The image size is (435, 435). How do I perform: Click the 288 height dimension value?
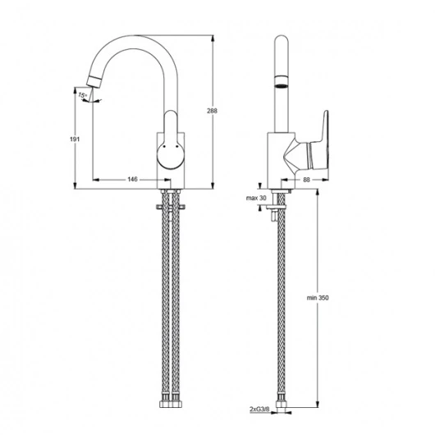(212, 111)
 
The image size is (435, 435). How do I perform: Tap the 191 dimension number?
(75, 140)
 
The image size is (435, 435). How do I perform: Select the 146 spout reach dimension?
(132, 179)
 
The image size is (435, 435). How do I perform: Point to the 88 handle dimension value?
(306, 180)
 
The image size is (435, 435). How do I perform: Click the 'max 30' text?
(256, 198)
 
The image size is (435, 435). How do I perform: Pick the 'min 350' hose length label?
(318, 298)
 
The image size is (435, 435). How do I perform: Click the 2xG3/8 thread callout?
(259, 409)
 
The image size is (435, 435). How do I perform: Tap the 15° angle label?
(83, 95)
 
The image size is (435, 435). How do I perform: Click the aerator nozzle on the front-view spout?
(94, 80)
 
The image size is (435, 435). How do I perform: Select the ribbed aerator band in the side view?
(282, 81)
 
